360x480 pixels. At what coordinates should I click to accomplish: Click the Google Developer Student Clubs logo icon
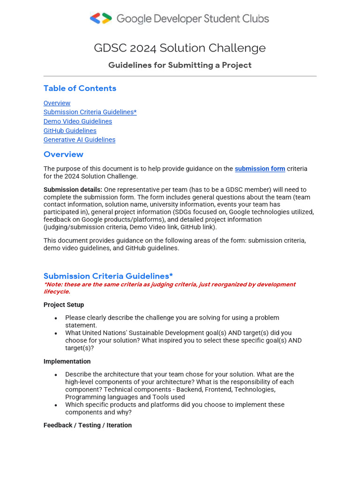101,19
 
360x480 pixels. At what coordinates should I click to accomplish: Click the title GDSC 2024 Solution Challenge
180,48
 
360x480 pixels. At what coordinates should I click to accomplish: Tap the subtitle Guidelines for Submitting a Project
180,65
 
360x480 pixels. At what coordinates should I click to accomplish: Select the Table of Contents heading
80,88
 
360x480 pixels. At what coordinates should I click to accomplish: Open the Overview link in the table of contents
57,103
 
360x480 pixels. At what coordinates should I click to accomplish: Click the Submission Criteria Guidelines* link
90,112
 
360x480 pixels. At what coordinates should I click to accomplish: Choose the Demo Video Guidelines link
78,121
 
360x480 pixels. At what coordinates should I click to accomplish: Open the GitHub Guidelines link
70,131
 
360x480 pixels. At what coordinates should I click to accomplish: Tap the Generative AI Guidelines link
79,140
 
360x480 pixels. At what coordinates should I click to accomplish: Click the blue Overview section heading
63,154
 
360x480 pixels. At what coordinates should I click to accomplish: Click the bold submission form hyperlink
260,169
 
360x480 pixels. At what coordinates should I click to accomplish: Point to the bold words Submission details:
73,189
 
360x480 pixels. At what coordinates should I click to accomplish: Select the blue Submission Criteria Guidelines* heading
108,276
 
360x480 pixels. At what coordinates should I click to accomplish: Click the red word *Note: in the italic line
53,285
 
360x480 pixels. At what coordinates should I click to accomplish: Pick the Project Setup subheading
64,305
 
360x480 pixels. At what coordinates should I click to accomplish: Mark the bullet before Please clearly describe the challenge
56,318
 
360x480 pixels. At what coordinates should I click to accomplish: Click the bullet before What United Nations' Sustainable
56,333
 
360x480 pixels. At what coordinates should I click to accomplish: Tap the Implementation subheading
67,361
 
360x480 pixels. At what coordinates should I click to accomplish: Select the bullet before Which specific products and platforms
56,405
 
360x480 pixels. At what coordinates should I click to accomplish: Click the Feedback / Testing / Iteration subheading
88,425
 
